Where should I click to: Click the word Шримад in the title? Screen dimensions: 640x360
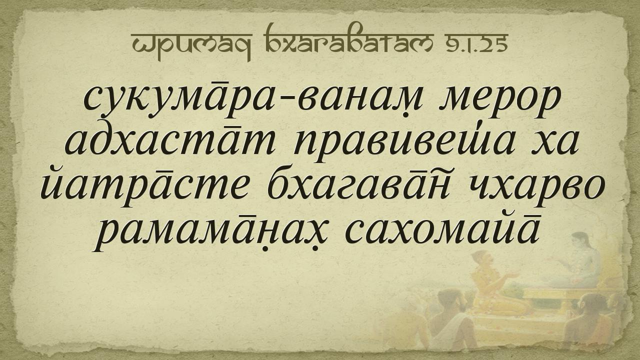(x=191, y=45)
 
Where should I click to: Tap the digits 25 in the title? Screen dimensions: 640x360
(x=494, y=43)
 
